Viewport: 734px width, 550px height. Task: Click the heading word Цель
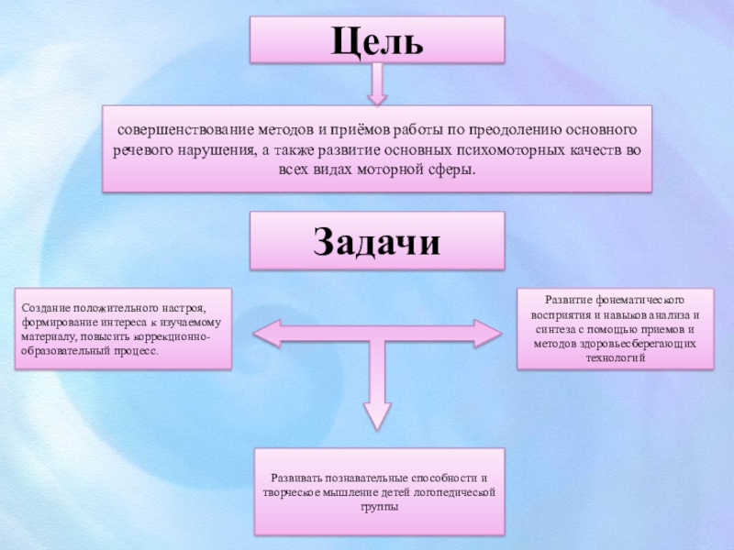tap(376, 41)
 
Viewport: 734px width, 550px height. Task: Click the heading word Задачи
tap(376, 241)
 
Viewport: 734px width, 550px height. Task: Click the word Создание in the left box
tap(47, 309)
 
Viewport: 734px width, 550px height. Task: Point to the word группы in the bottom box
tap(379, 506)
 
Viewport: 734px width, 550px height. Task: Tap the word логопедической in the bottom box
tap(457, 492)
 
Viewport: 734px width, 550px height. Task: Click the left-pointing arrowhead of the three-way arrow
tap(263, 332)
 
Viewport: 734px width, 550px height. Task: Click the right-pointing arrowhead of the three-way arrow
tap(487, 332)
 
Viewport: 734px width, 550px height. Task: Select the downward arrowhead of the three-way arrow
tap(378, 412)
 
